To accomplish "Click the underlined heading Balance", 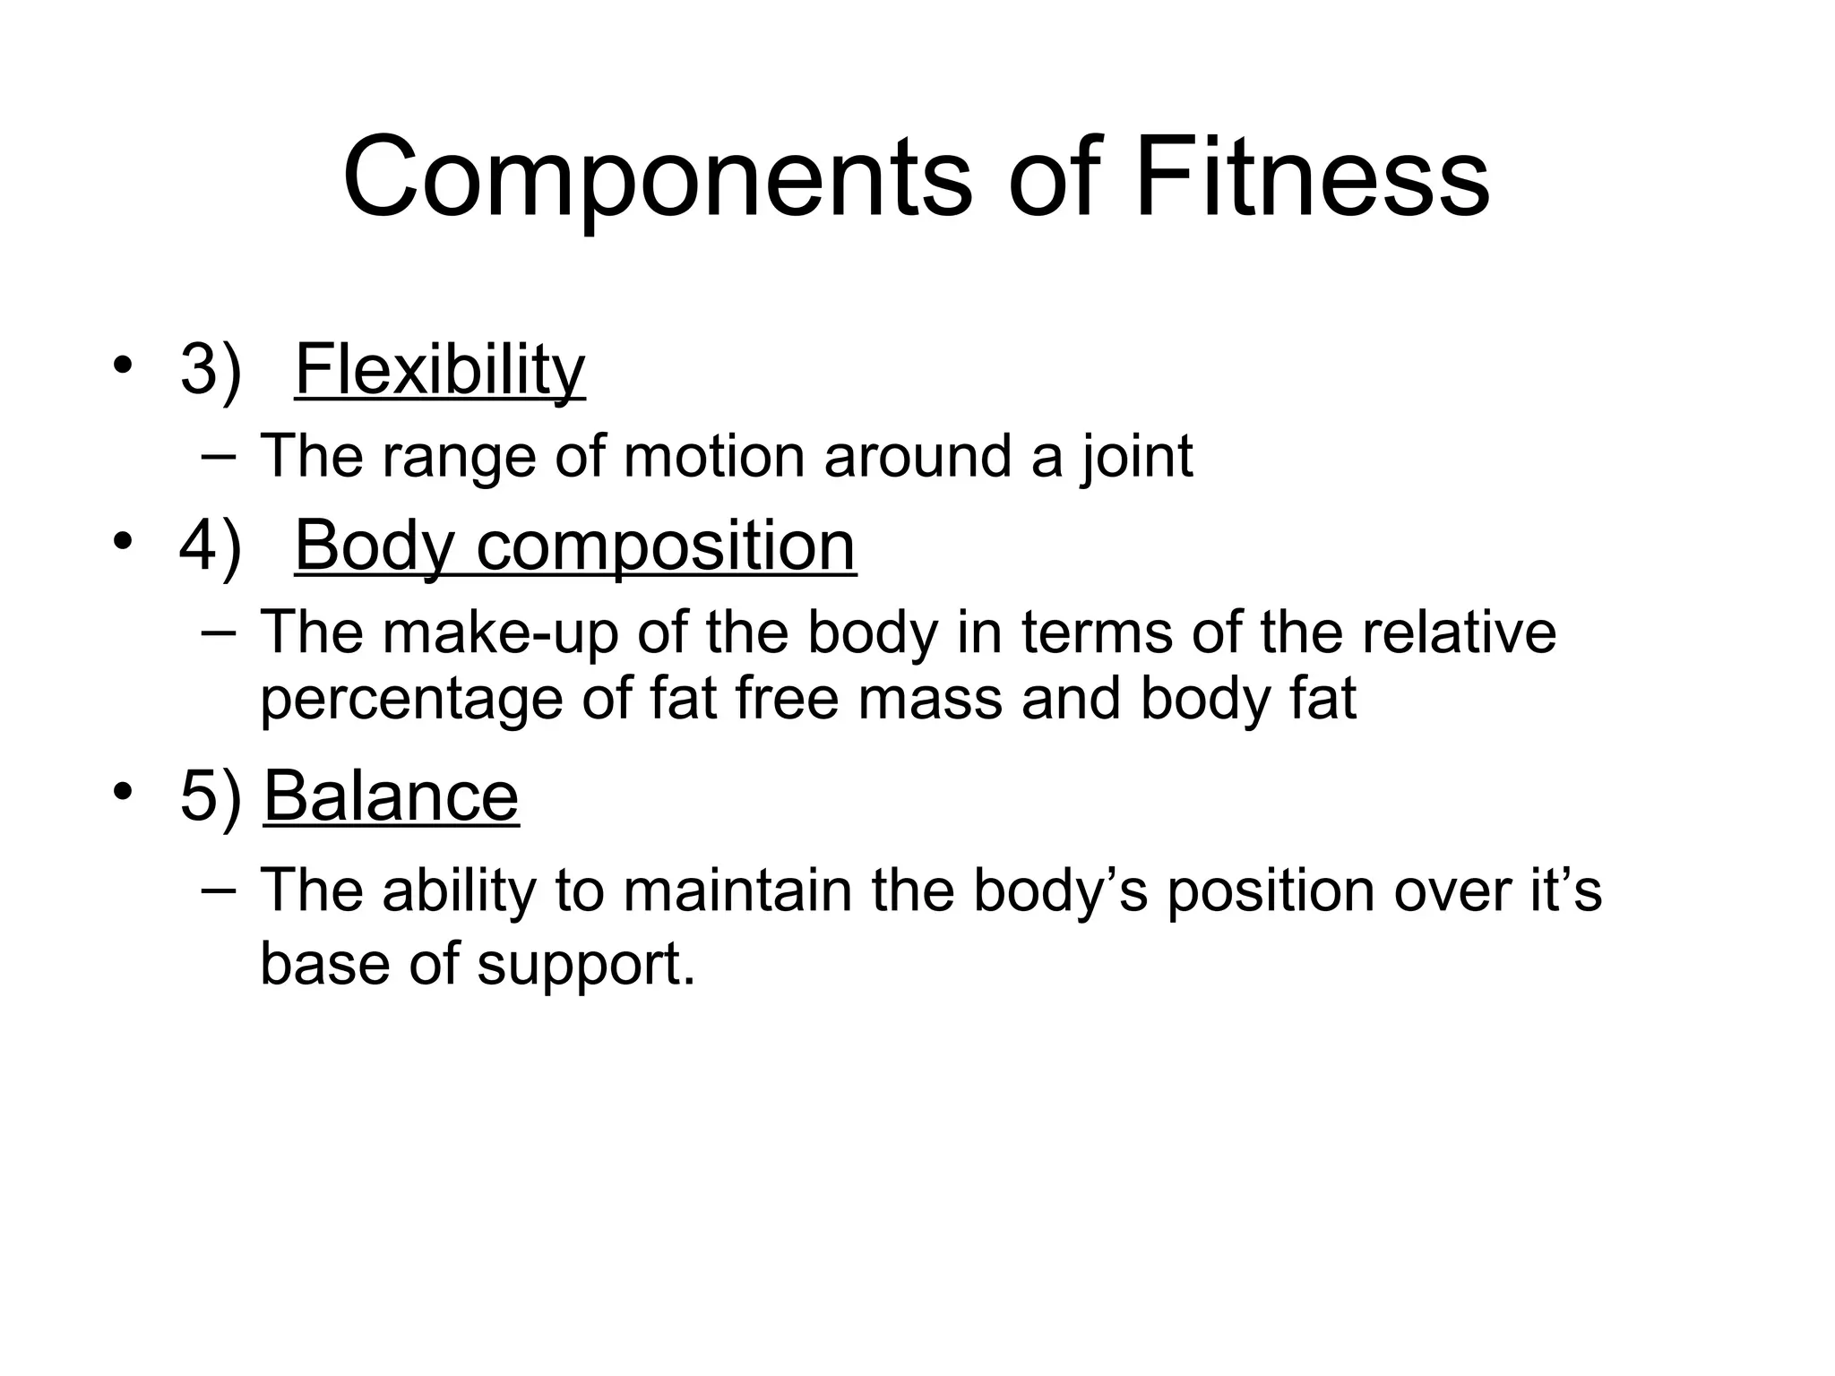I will coord(392,795).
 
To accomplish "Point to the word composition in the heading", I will coord(666,546).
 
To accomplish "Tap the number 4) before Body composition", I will coord(211,546).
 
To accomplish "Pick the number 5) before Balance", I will coord(211,795).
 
